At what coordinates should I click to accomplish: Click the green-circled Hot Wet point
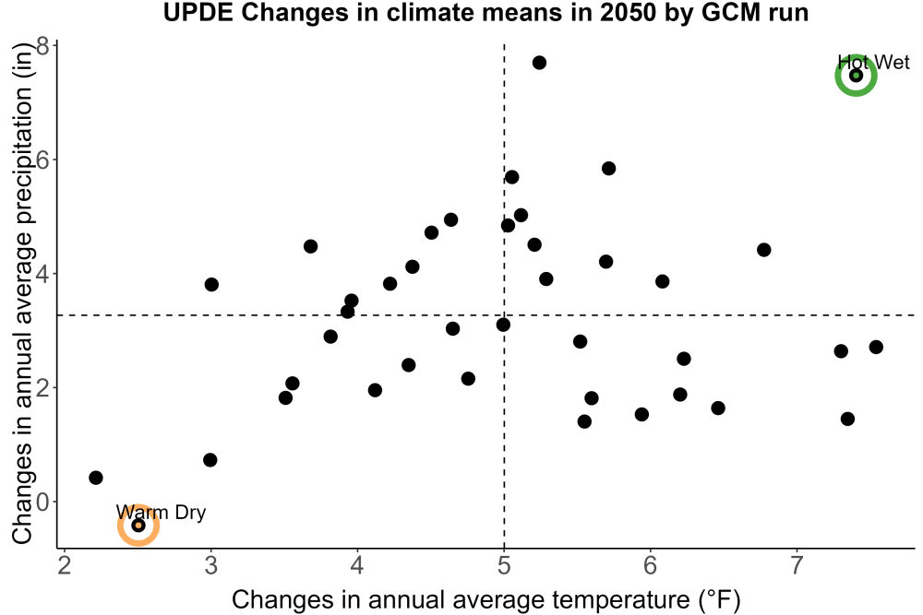click(856, 76)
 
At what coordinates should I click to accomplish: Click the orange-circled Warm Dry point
click(138, 525)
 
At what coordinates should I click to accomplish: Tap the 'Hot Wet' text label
click(873, 63)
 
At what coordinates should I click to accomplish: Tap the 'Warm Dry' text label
click(161, 513)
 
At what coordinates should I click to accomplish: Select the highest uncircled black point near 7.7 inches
click(539, 63)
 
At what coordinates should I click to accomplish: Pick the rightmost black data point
click(876, 347)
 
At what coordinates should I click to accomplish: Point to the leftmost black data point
click(96, 478)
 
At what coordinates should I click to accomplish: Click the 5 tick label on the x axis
click(504, 565)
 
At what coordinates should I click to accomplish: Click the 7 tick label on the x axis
click(797, 565)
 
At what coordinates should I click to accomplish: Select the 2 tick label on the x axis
click(65, 565)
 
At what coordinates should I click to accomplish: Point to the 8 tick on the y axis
click(43, 46)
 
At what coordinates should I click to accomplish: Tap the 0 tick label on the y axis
click(43, 502)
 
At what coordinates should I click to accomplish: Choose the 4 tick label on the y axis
click(43, 274)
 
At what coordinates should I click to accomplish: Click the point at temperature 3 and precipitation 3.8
click(211, 285)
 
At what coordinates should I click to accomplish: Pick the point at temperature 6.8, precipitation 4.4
click(763, 250)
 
